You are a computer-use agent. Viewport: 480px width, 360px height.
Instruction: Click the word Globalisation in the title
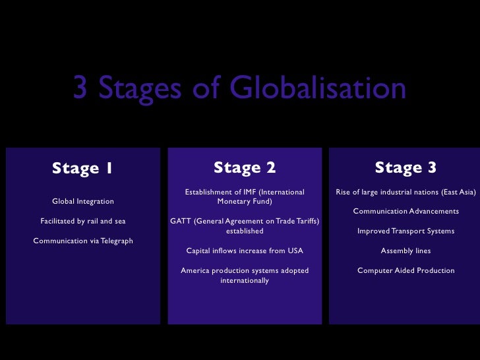tap(318, 89)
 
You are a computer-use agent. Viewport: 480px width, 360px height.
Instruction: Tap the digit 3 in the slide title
tap(80, 89)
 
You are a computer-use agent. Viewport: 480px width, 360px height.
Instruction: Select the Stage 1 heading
tap(82, 168)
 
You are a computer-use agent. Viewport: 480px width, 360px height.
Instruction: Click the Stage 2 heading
tap(245, 167)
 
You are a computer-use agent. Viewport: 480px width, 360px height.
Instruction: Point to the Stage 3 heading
tap(405, 167)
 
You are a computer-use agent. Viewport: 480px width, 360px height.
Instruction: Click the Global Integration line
tap(83, 201)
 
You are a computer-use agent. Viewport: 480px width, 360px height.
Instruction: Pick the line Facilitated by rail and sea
tap(83, 221)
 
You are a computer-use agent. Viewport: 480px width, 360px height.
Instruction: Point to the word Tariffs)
tap(305, 221)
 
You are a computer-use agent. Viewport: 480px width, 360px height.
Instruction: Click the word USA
tap(295, 251)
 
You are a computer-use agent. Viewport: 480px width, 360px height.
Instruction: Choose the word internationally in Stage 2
tap(245, 280)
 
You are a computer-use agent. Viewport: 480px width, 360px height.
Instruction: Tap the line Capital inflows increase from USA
tap(245, 251)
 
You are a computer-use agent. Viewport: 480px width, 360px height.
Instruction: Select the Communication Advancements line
tap(405, 211)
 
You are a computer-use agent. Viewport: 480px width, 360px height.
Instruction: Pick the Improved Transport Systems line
tap(405, 231)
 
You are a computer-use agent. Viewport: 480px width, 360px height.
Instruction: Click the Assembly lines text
tap(405, 251)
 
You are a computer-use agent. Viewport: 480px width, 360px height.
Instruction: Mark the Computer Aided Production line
tap(405, 270)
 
